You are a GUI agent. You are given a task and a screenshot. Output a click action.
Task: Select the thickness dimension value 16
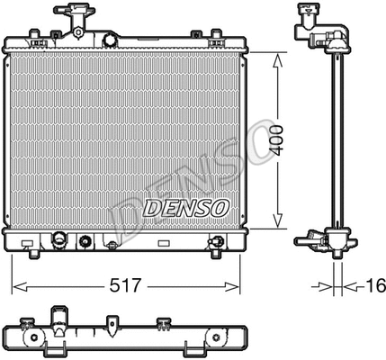click(374, 286)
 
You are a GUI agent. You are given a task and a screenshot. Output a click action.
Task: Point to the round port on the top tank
click(111, 41)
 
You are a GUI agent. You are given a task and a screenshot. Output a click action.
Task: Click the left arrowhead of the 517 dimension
click(16, 286)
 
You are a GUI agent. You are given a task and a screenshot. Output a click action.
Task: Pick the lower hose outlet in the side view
click(310, 238)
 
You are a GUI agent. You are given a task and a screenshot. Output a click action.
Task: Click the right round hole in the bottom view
click(217, 338)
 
